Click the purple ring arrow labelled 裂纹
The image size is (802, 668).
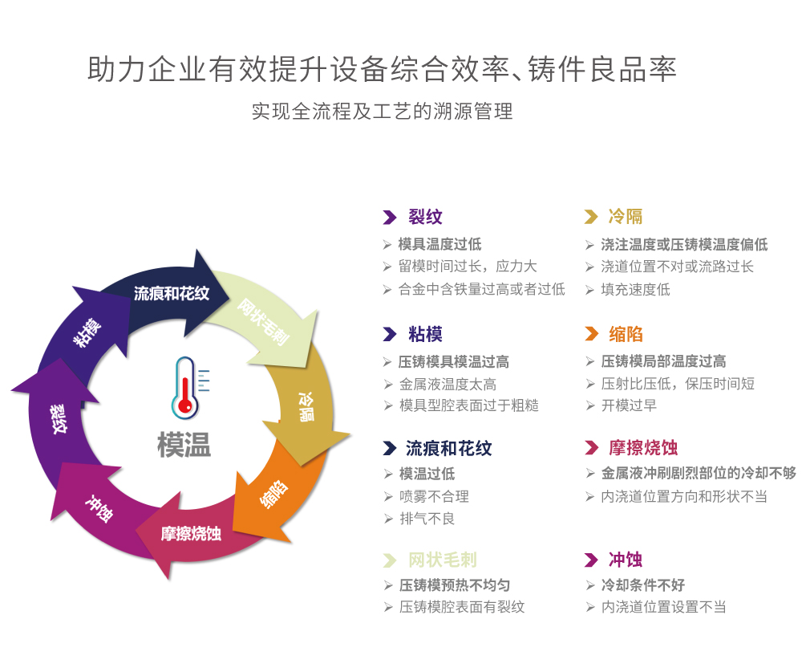pyautogui.click(x=59, y=417)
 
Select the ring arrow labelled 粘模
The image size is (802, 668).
pyautogui.click(x=87, y=330)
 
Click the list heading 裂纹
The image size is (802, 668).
pyautogui.click(x=425, y=217)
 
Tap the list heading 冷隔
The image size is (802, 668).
pyautogui.click(x=625, y=217)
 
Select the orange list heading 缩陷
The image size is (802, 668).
pyautogui.click(x=626, y=334)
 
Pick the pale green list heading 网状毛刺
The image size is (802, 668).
pyautogui.click(x=442, y=560)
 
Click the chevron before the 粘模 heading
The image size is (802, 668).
pyautogui.click(x=390, y=335)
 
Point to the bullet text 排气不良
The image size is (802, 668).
pyautogui.click(x=427, y=519)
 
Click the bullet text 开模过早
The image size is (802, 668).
pyautogui.click(x=629, y=405)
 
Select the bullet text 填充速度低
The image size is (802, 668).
pyautogui.click(x=635, y=289)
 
